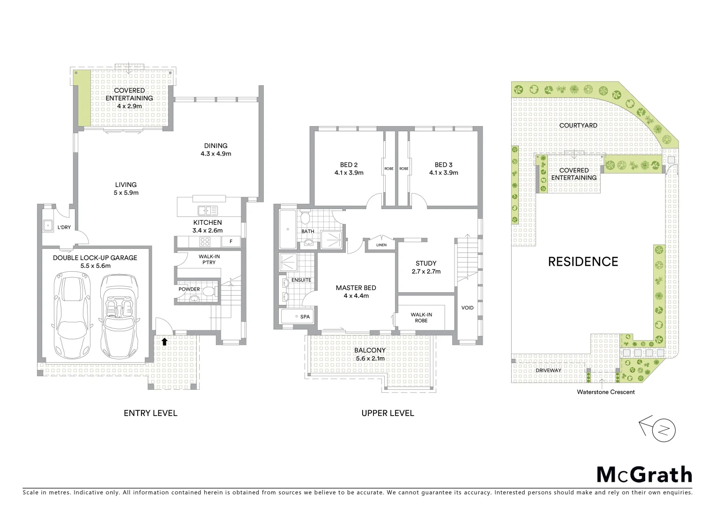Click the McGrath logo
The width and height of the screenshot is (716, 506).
[x=644, y=475]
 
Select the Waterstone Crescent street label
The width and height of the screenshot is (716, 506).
[x=605, y=392]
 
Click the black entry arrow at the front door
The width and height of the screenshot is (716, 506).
[x=164, y=342]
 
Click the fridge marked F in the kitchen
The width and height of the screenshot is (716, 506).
[x=230, y=242]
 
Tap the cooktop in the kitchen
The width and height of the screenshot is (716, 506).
[x=205, y=242]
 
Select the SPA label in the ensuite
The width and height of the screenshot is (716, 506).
[x=305, y=317]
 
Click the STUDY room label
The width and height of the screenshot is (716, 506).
[x=426, y=263]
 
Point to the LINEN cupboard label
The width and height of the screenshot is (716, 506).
[x=381, y=245]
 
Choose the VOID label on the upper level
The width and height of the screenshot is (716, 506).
[x=467, y=308]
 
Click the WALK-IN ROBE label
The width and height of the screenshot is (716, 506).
[x=421, y=318]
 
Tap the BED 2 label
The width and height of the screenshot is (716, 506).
[x=349, y=164]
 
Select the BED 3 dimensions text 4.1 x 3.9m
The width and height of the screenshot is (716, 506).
[x=443, y=172]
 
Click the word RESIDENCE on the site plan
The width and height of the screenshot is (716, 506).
[x=583, y=261]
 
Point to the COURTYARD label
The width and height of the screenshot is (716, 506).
[x=578, y=126]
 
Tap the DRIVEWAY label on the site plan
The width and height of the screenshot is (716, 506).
[x=548, y=370]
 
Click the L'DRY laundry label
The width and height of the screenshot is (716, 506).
[x=64, y=227]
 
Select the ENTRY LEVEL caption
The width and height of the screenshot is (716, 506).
[x=150, y=413]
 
